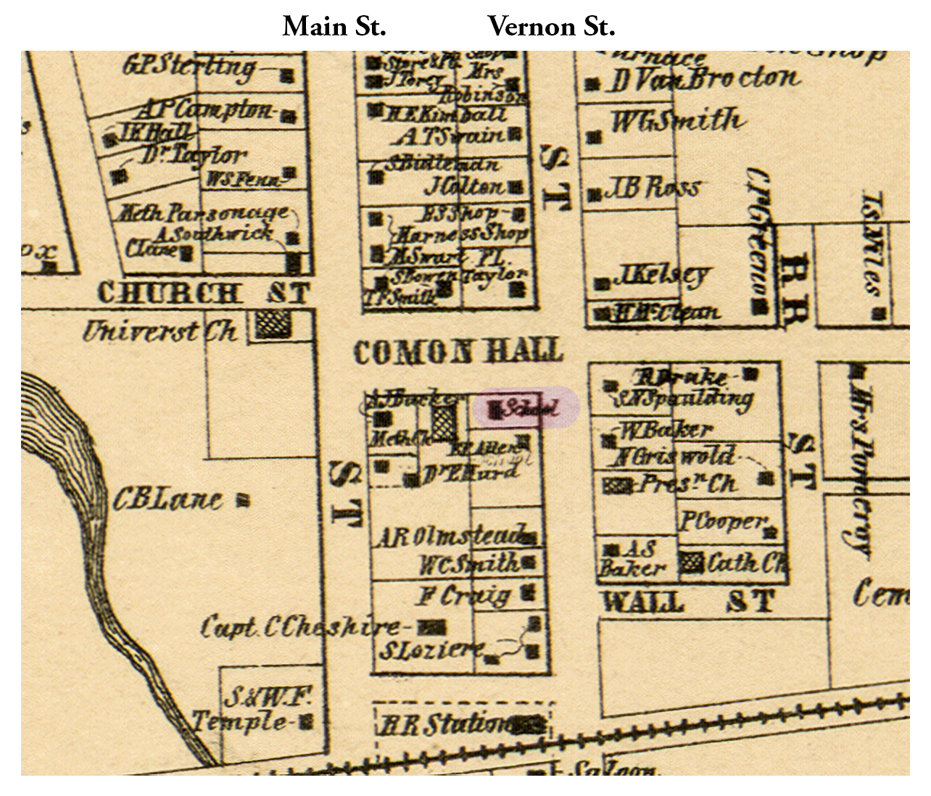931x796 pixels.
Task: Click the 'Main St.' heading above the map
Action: [334, 28]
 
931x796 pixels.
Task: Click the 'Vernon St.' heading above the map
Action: [551, 28]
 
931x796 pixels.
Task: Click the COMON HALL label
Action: [458, 352]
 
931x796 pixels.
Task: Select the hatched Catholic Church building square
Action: [692, 562]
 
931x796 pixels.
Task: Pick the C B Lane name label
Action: [167, 500]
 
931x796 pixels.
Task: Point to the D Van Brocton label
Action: [703, 80]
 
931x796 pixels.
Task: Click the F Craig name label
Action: [464, 596]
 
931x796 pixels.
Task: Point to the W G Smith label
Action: [676, 120]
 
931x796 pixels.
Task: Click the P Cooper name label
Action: [723, 521]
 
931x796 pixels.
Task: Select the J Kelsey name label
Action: [661, 275]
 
